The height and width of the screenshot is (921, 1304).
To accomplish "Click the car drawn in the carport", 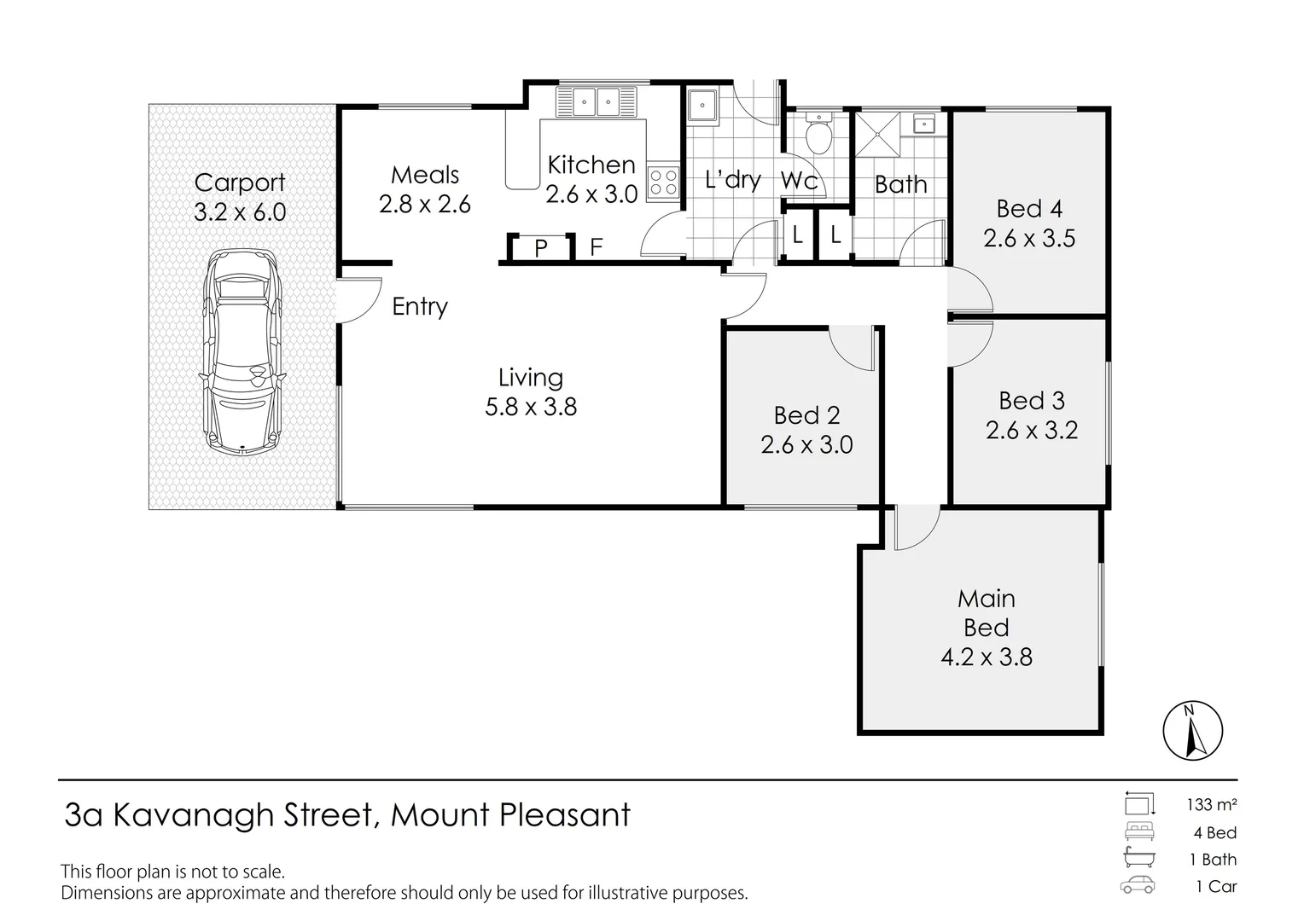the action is [242, 351].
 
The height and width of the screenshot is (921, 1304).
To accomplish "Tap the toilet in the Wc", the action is [819, 133].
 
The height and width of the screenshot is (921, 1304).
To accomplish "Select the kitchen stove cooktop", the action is [664, 181].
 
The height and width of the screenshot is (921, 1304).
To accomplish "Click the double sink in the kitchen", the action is [597, 102].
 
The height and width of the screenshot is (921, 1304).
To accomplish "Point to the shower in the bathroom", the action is [877, 135].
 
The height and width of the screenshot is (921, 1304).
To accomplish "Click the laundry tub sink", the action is [702, 105].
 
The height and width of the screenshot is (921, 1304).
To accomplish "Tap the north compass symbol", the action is [1193, 730].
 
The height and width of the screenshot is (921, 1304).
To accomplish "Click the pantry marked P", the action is [540, 248].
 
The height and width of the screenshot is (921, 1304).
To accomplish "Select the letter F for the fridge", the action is [596, 247].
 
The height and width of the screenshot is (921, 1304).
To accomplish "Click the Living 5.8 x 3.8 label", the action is [530, 392].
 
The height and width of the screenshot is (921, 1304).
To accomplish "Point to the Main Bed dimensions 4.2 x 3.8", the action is [987, 657].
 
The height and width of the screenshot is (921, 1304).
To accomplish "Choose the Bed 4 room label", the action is [1029, 209].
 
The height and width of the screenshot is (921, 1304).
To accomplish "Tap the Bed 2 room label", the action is [806, 415].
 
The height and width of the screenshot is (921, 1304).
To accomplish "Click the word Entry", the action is [420, 307].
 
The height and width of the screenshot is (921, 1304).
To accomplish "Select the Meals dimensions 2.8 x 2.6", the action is [424, 204].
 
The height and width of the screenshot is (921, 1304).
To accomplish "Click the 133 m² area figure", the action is [1212, 805].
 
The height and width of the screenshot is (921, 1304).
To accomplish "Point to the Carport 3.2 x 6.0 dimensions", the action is [240, 211].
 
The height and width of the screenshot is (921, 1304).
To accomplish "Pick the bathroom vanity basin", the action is [924, 124].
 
